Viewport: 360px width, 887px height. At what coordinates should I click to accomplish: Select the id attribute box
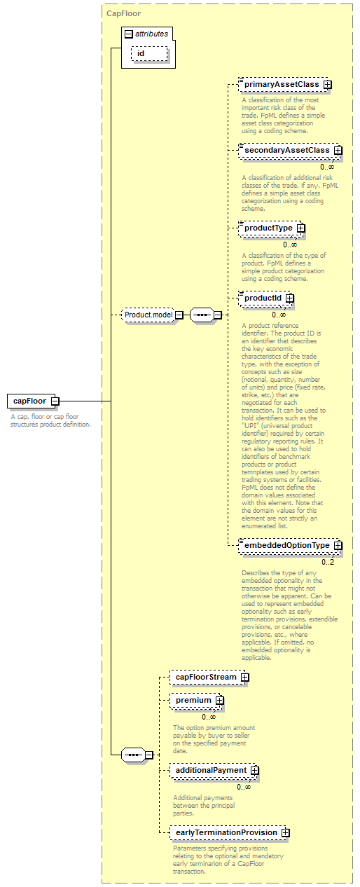pyautogui.click(x=149, y=53)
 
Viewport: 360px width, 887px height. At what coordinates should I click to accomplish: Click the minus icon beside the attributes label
pyautogui.click(x=128, y=34)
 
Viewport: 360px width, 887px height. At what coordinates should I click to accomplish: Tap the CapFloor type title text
pyautogui.click(x=123, y=13)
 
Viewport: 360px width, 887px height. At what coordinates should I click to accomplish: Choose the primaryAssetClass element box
pyautogui.click(x=284, y=84)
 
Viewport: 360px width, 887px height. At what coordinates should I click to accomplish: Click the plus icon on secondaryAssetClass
pyautogui.click(x=338, y=151)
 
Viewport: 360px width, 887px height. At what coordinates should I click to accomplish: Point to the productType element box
pyautogui.click(x=272, y=228)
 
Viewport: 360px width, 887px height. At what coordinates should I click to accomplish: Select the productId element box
pyautogui.click(x=266, y=298)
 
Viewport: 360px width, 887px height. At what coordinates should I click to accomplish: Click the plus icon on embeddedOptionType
pyautogui.click(x=338, y=545)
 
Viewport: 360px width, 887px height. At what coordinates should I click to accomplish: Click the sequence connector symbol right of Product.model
pyautogui.click(x=202, y=315)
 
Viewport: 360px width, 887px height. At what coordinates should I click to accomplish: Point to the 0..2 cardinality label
pyautogui.click(x=328, y=563)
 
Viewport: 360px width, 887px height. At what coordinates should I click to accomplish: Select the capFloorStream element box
pyautogui.click(x=209, y=677)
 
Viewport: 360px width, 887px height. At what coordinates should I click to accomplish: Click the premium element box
pyautogui.click(x=196, y=700)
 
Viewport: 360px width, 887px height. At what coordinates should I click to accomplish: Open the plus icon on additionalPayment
pyautogui.click(x=255, y=770)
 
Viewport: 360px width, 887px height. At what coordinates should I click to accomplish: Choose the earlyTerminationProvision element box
pyautogui.click(x=229, y=832)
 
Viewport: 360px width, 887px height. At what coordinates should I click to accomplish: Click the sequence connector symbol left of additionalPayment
pyautogui.click(x=133, y=755)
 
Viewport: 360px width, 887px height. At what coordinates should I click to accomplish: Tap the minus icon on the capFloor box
pyautogui.click(x=55, y=401)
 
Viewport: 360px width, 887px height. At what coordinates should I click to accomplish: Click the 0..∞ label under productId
pyautogui.click(x=279, y=315)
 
